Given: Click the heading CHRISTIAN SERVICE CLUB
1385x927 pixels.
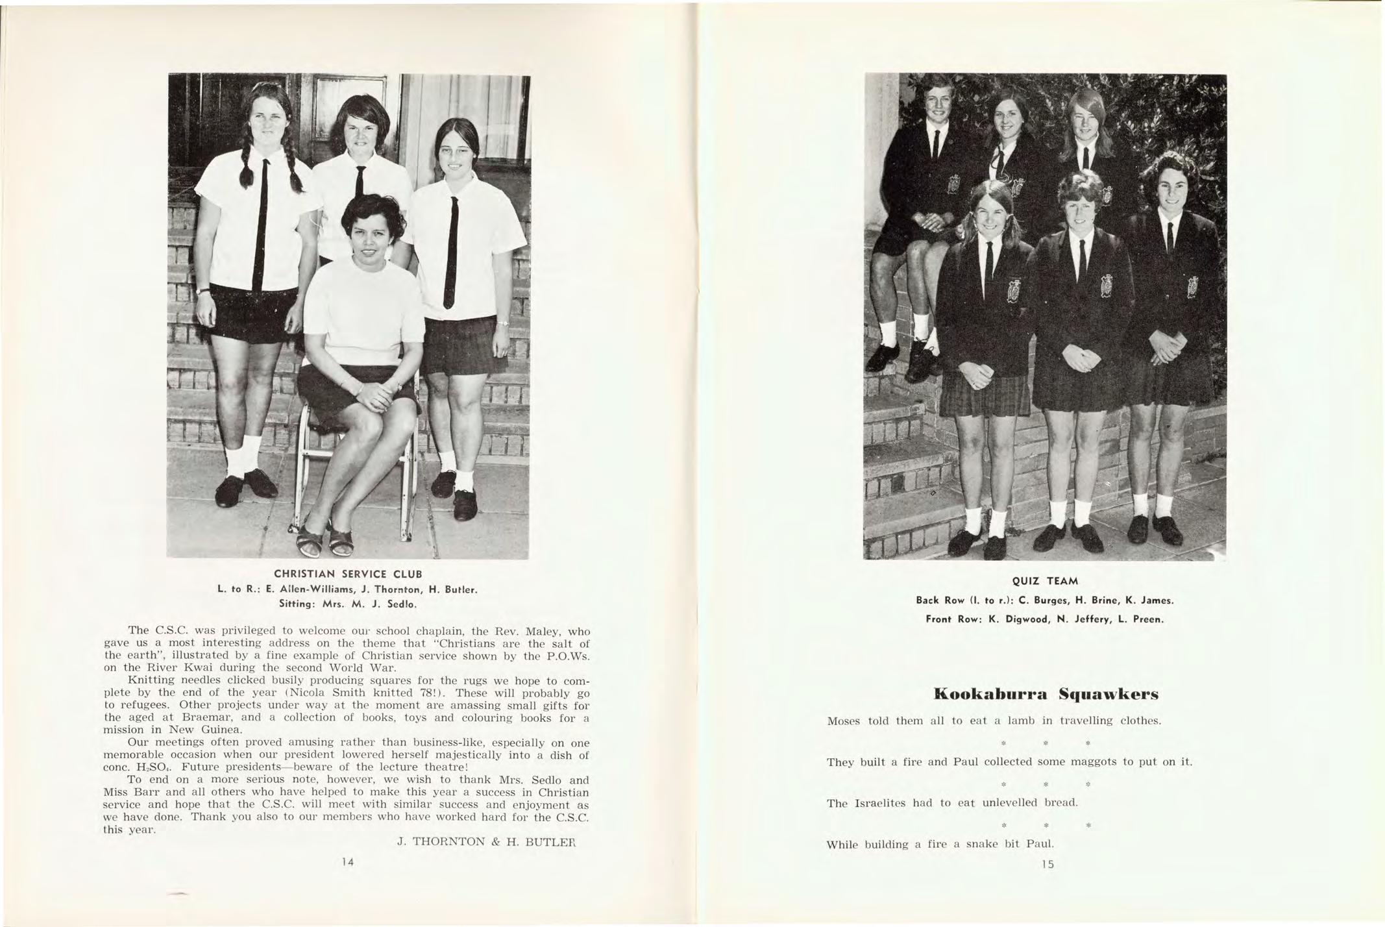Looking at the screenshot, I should point(348,575).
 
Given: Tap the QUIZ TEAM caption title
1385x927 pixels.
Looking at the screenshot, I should point(1044,581).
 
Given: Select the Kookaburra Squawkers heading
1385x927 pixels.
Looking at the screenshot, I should point(1045,695).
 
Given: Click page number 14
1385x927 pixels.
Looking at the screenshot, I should point(348,862).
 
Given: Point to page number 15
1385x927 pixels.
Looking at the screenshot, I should point(1047,864).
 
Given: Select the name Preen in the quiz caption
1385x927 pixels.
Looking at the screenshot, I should point(1148,619).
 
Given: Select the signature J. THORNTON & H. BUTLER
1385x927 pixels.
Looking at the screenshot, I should point(487,842).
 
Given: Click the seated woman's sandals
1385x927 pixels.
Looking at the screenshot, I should point(325,537).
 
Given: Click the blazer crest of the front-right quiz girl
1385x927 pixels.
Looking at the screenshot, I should point(1192,287).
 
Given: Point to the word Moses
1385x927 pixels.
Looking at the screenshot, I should point(844,721).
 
